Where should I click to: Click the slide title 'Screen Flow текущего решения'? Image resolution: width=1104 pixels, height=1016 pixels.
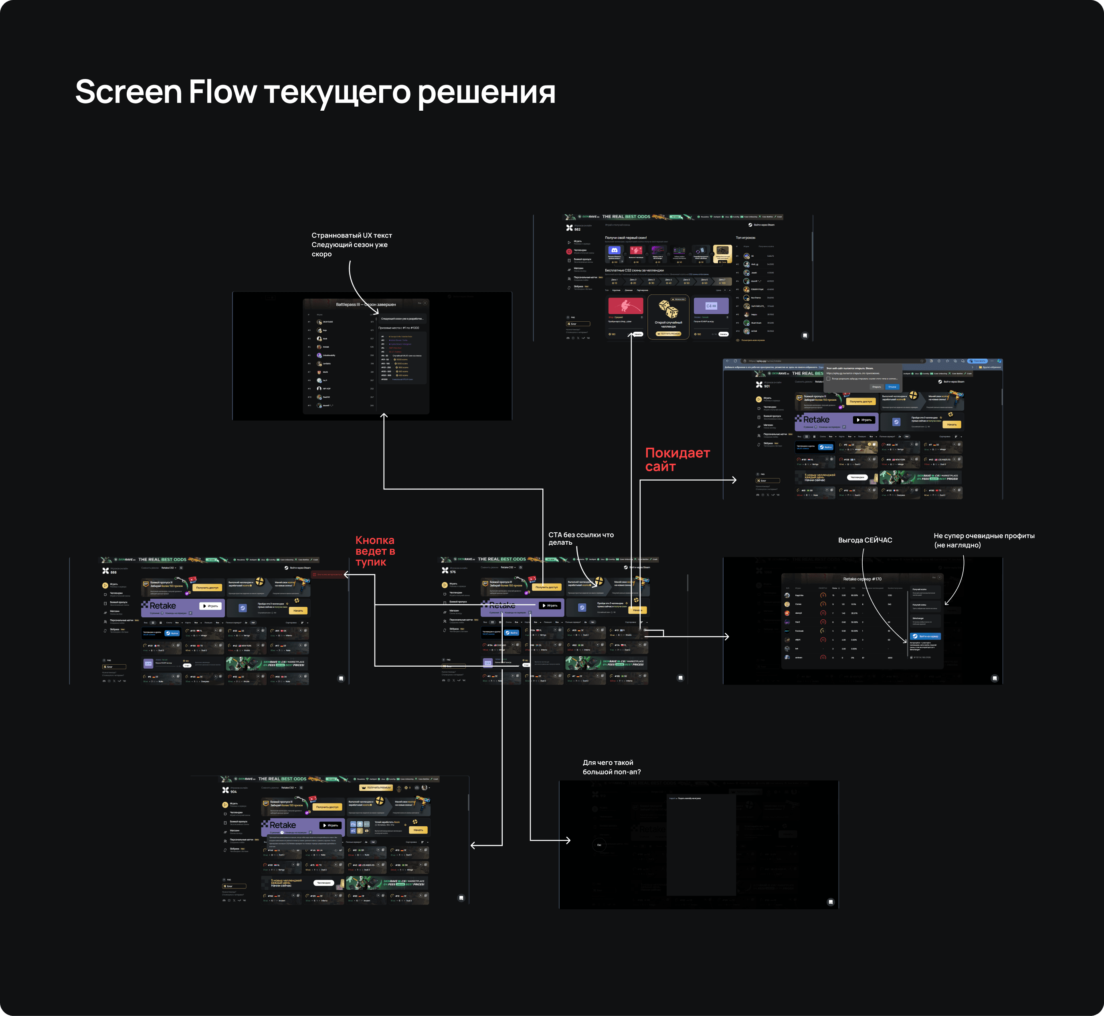coord(315,92)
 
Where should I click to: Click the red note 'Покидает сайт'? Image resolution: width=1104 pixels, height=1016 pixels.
coord(677,460)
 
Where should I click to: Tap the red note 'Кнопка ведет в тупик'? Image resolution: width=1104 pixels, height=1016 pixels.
coord(375,551)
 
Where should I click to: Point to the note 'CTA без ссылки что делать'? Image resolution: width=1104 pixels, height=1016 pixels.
coord(581,538)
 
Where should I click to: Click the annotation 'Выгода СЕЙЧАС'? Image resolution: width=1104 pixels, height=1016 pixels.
coord(865,540)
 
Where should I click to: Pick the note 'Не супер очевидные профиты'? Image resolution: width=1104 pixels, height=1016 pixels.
coord(984,540)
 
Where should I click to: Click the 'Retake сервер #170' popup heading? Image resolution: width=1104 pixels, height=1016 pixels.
coord(862,579)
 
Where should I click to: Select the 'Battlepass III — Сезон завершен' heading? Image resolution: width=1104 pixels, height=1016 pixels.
coord(366,304)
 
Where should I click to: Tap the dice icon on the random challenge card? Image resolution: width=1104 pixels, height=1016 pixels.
coord(668,309)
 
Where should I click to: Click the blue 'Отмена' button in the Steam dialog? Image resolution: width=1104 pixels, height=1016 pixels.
coord(892,387)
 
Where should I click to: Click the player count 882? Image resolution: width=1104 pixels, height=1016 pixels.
coord(577,229)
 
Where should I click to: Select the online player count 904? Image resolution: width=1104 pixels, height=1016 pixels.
coord(234,792)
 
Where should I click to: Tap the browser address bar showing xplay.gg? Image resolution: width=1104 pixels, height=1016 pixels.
coord(824,361)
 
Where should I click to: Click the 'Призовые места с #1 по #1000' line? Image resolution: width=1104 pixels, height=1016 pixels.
coord(398,328)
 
